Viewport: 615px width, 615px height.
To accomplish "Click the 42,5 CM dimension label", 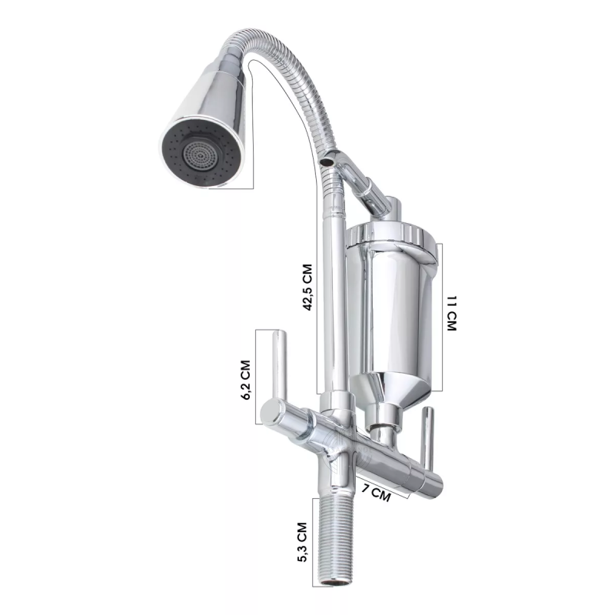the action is coord(308,287).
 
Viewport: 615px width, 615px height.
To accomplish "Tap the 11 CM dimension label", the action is coord(452,314).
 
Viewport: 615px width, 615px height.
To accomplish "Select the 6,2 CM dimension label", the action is coord(245,380).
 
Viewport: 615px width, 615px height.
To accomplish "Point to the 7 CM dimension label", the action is coord(376,494).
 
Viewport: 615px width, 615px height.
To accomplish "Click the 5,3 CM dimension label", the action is coord(302,542).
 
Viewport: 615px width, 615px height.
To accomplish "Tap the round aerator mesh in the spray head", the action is coord(201,154).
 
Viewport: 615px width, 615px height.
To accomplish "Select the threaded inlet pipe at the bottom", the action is coord(334,540).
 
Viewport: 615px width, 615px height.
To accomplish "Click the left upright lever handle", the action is coord(280,364).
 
